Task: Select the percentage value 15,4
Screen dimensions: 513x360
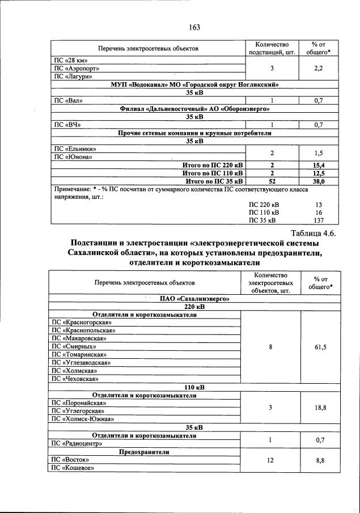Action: (x=322, y=165)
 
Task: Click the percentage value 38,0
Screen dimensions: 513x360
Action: (x=322, y=181)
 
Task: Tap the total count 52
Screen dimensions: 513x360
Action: (x=272, y=181)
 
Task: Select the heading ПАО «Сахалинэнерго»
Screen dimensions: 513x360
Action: (x=194, y=298)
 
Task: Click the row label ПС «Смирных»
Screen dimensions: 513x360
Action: (x=74, y=346)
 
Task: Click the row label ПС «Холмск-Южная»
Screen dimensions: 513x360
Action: (x=83, y=419)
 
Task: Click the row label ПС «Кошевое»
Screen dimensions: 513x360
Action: (x=73, y=468)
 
